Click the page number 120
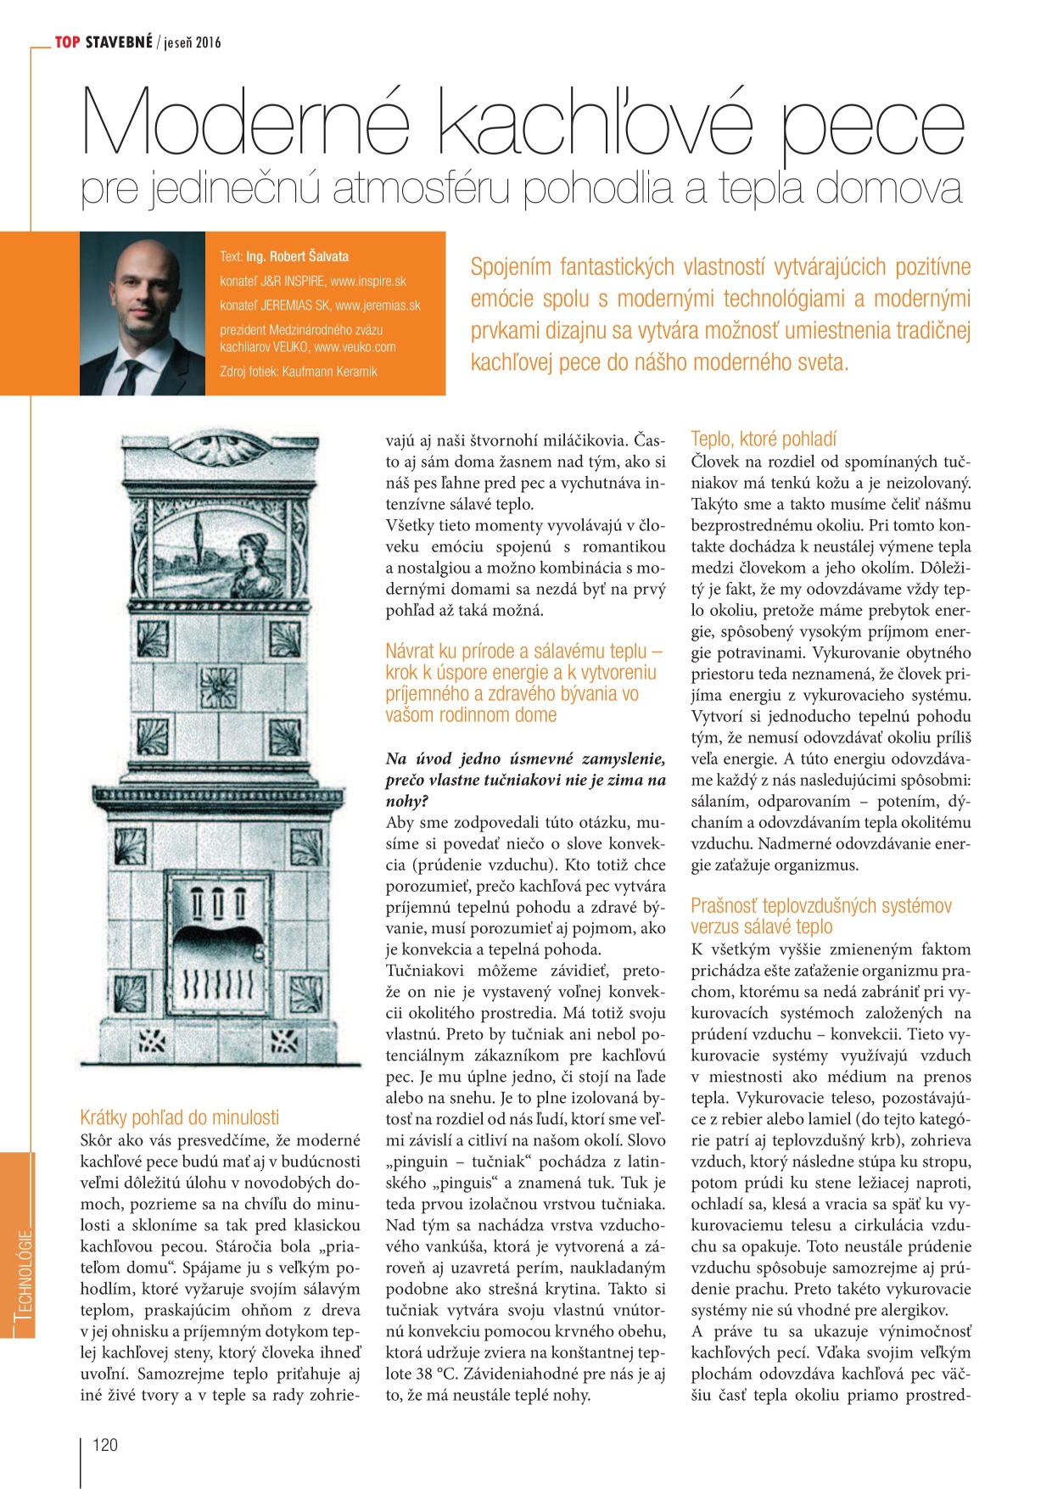(x=104, y=1445)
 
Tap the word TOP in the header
(x=67, y=42)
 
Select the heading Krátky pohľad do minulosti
(x=179, y=1117)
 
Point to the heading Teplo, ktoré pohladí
(x=763, y=439)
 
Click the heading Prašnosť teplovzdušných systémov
(x=820, y=905)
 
